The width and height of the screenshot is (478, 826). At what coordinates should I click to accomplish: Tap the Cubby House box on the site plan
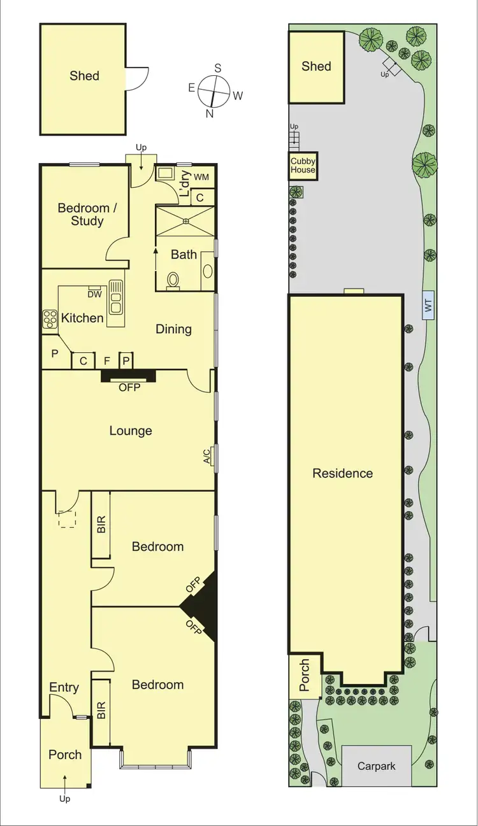coord(303,166)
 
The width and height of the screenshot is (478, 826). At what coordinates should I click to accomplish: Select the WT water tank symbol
coord(428,306)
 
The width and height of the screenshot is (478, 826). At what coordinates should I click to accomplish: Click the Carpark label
coord(376,766)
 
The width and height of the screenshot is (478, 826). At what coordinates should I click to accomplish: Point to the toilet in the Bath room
coord(171,280)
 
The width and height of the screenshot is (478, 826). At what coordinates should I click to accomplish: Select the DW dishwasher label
coord(94,294)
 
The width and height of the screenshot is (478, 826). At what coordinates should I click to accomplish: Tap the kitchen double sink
coord(115,297)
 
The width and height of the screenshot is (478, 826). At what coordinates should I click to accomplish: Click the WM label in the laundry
coord(201,176)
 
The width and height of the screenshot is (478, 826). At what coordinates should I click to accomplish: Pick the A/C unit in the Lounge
coord(214,457)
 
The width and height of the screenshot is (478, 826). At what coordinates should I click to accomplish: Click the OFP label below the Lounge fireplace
coord(128,387)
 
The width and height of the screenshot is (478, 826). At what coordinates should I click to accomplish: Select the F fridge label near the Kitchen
coord(107,361)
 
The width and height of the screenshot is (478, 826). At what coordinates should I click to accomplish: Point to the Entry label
coord(64,687)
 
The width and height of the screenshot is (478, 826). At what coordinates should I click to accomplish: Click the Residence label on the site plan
coord(342,473)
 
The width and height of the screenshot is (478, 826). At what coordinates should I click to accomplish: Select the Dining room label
coord(173,329)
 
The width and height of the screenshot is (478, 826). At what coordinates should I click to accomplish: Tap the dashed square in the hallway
coord(67,519)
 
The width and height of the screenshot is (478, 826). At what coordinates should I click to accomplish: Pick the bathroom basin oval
coord(208,269)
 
